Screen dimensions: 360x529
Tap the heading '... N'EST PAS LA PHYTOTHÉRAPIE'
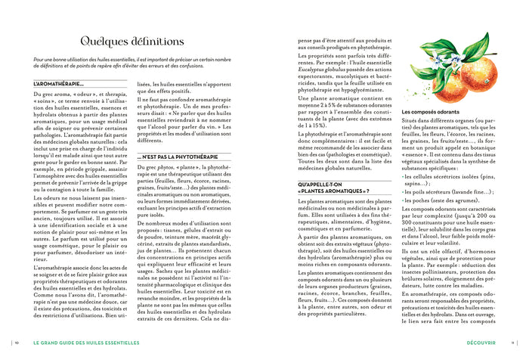(177, 156)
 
